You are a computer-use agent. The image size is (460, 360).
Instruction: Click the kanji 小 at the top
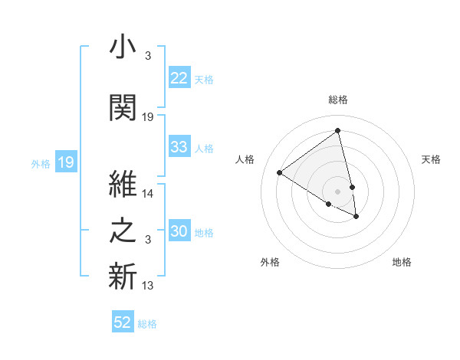point(123,47)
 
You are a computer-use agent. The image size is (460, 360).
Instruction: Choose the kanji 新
point(123,278)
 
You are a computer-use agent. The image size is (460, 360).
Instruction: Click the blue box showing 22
point(179,78)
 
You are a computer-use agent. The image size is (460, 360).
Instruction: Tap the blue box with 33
point(179,147)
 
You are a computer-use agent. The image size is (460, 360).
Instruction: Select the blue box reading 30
point(179,232)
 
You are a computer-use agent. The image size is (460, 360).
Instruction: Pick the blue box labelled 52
point(123,322)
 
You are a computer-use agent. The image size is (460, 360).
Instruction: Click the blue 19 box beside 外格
point(66,162)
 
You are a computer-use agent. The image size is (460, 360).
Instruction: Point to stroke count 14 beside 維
point(148,195)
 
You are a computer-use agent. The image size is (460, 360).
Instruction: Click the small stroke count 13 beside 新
point(148,286)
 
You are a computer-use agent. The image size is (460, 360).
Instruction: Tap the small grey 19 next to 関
point(148,117)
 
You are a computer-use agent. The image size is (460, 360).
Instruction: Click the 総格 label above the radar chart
point(338,100)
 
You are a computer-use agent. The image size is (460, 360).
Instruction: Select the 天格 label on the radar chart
point(431,159)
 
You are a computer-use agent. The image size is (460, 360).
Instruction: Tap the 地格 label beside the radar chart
point(402,262)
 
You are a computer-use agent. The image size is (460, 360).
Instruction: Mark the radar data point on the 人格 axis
point(279,172)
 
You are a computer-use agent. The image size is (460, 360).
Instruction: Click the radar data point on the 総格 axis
point(338,130)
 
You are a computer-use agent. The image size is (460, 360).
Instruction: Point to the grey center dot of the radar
point(338,191)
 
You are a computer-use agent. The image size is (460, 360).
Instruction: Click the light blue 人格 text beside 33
point(204,148)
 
